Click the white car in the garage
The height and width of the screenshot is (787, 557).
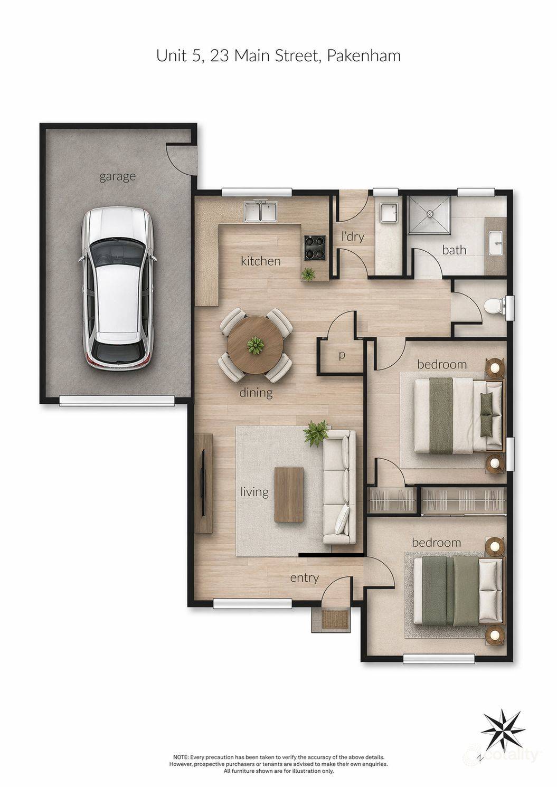pyautogui.click(x=118, y=288)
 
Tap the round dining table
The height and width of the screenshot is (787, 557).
pyautogui.click(x=255, y=345)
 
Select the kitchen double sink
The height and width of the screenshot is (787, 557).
pyautogui.click(x=260, y=211)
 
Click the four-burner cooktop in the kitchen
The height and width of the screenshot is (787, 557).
pyautogui.click(x=315, y=248)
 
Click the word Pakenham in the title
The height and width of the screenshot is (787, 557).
pyautogui.click(x=364, y=56)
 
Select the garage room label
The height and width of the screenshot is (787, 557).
pyautogui.click(x=117, y=176)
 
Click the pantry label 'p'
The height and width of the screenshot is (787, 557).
pyautogui.click(x=342, y=356)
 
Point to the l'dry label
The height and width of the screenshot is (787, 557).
pyautogui.click(x=353, y=236)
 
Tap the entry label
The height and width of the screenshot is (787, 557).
pyautogui.click(x=304, y=578)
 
